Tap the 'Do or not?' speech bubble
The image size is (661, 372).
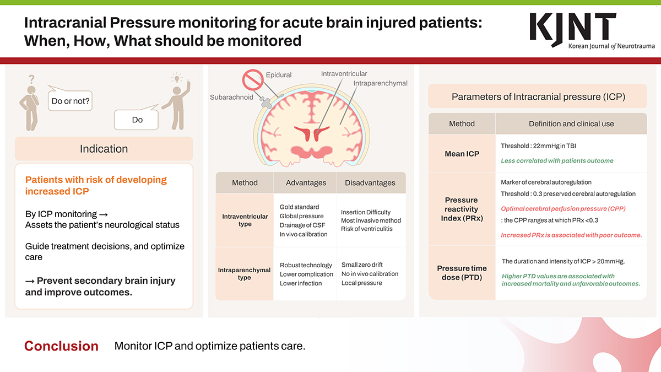click(x=70, y=101)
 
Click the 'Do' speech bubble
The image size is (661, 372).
click(x=137, y=120)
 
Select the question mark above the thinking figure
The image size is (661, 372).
click(x=31, y=79)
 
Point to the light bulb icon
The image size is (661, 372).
click(x=176, y=78)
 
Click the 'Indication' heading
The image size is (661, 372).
click(x=104, y=149)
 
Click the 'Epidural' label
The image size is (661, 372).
click(x=279, y=75)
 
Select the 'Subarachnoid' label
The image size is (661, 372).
click(x=231, y=97)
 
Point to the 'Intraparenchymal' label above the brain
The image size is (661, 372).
click(x=380, y=83)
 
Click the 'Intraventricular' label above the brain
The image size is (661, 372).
click(x=344, y=73)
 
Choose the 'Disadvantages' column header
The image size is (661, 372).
click(x=370, y=182)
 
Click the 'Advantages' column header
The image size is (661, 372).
click(x=306, y=182)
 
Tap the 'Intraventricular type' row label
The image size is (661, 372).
click(x=245, y=220)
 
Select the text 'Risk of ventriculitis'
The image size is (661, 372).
click(x=367, y=229)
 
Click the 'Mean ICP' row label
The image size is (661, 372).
click(x=462, y=154)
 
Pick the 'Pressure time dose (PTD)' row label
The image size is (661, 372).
click(x=462, y=273)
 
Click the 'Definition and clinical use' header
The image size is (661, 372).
click(x=571, y=123)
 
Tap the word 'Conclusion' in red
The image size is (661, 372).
click(x=61, y=346)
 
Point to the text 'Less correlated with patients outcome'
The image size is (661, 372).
click(x=557, y=161)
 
